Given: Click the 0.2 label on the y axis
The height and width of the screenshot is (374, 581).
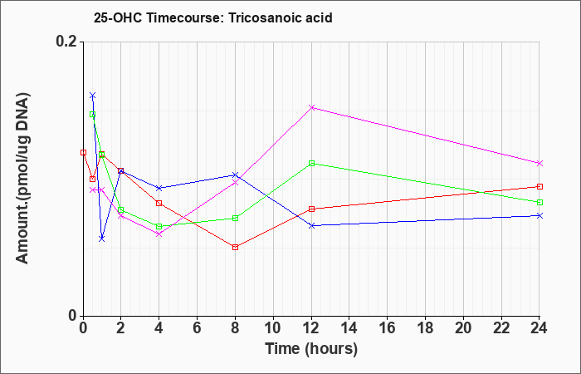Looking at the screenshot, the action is [67, 42].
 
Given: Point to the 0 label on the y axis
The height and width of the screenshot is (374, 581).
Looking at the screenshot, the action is [73, 316].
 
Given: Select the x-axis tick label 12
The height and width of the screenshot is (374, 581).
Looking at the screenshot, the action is [311, 328].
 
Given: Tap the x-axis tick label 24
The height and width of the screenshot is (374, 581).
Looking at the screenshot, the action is [539, 328].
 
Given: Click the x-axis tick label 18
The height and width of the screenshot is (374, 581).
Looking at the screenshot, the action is [425, 328].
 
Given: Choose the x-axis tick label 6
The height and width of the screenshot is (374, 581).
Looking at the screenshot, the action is [198, 328].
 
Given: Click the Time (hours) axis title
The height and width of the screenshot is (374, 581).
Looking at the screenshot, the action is [311, 349].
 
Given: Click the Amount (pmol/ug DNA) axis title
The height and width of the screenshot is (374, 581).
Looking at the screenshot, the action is [23, 178].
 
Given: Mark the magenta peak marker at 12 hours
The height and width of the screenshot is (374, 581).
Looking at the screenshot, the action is [311, 107].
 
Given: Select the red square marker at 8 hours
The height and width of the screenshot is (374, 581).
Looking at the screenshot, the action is [235, 247].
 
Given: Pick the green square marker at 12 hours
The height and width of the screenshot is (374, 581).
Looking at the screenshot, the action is [311, 163].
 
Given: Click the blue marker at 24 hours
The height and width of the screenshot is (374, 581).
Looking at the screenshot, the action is [539, 215].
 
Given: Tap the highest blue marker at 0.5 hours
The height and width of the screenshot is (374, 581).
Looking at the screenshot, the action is [93, 96].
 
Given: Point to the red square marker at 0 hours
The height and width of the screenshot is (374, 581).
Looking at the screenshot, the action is [83, 152].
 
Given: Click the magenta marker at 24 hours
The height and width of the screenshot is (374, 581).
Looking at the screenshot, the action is [539, 163].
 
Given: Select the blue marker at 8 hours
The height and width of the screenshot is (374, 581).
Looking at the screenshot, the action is [235, 175].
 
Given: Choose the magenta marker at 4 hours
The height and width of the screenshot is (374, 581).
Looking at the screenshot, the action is [159, 234].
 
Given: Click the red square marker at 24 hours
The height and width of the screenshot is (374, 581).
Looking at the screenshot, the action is [539, 187].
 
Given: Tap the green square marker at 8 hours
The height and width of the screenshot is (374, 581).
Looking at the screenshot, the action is [235, 218].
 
